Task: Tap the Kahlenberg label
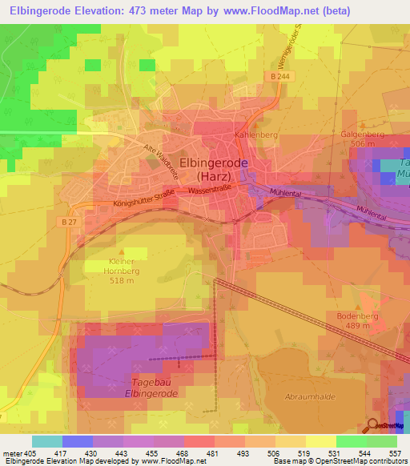click(x=255, y=135)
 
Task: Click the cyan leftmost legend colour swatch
click(x=46, y=441)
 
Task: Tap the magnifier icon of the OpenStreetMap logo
click(x=372, y=425)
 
